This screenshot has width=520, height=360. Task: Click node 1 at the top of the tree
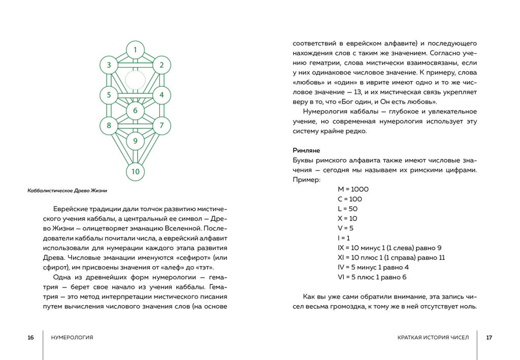[135, 50]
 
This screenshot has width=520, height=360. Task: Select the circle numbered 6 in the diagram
[135, 111]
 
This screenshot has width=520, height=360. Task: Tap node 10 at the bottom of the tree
[135, 171]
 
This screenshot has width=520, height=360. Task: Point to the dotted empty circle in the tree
[135, 80]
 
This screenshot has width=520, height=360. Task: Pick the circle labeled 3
[109, 65]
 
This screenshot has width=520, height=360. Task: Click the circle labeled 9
[135, 141]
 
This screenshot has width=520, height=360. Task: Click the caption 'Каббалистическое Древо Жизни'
[68, 191]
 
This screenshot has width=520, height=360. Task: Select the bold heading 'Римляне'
[307, 150]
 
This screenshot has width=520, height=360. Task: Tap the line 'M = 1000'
[353, 189]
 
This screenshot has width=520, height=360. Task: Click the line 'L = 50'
[347, 209]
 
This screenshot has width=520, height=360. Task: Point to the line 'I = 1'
[344, 238]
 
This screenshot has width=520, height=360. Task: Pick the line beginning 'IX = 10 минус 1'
[389, 248]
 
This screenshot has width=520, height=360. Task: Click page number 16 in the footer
[31, 338]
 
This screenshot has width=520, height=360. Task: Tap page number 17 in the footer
[489, 338]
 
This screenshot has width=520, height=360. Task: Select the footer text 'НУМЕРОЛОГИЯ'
[72, 338]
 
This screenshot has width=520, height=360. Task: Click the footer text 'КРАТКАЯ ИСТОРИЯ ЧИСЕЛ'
[433, 338]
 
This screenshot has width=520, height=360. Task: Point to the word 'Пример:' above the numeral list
[307, 180]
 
